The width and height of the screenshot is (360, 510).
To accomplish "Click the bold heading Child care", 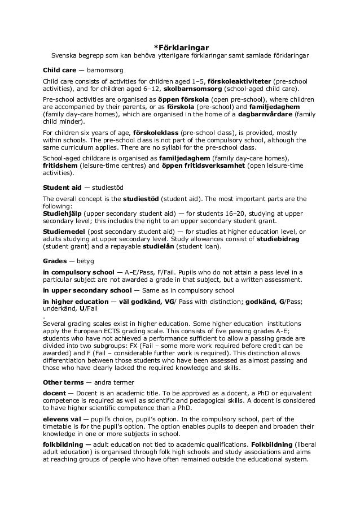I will coord(59,70).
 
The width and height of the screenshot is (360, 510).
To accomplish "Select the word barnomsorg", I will coord(104,70).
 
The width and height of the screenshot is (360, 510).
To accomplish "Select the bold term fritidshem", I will coord(59,165).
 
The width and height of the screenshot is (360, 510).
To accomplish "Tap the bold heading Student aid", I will coord(61,187).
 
